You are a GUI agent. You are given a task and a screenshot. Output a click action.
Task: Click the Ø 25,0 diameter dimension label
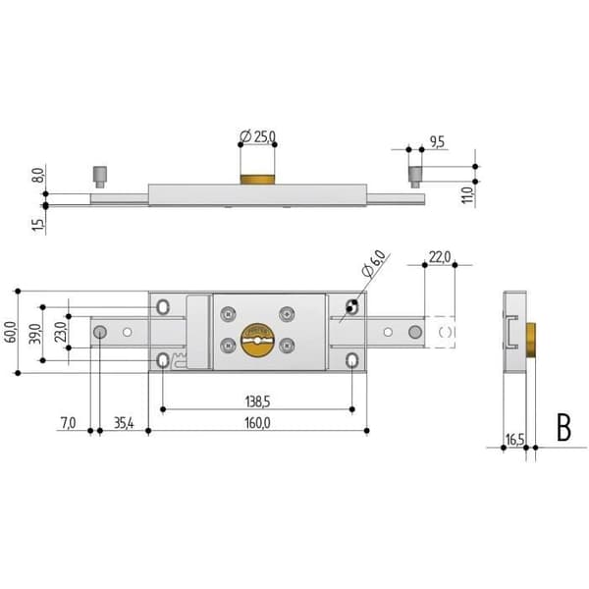[257, 136]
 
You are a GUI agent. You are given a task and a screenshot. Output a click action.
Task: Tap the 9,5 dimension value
[437, 142]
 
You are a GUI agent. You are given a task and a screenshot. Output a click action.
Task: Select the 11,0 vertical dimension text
[467, 195]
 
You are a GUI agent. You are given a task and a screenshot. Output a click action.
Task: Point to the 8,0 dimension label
[39, 176]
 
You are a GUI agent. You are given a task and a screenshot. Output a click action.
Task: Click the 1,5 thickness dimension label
[38, 224]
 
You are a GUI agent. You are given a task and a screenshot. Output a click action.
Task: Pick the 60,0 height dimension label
[11, 332]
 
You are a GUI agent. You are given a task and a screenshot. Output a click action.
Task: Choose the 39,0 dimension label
[35, 334]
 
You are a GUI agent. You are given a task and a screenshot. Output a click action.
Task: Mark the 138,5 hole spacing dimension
[257, 402]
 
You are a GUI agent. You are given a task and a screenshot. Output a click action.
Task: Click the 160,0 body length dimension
[257, 423]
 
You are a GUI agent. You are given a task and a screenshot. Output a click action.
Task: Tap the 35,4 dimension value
[124, 423]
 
